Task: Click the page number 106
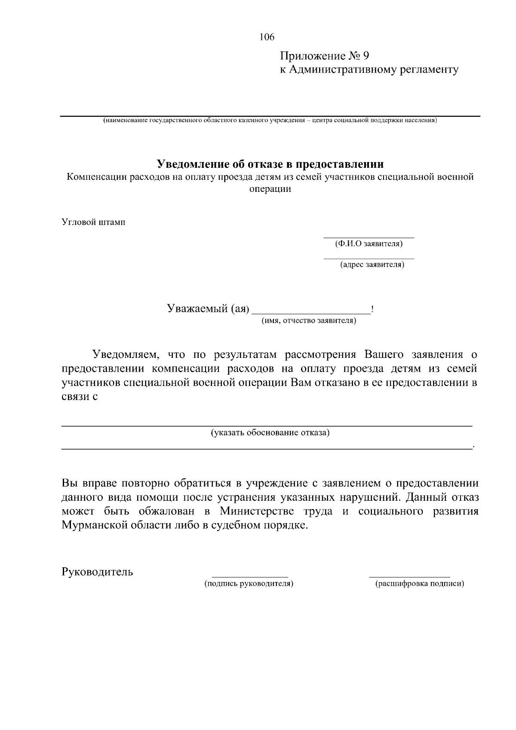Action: (x=267, y=37)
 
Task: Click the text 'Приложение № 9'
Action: (x=325, y=56)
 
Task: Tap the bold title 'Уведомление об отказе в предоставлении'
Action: (x=270, y=164)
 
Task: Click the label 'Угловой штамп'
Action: (x=93, y=223)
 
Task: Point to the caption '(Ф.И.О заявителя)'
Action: (x=369, y=244)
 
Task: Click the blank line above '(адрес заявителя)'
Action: (x=369, y=259)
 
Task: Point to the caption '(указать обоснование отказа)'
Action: (x=270, y=432)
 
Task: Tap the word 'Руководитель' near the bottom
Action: (x=97, y=572)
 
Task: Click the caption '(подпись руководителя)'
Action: (x=249, y=584)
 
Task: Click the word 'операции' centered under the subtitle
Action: (x=270, y=189)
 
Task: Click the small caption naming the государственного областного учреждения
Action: (x=270, y=120)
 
